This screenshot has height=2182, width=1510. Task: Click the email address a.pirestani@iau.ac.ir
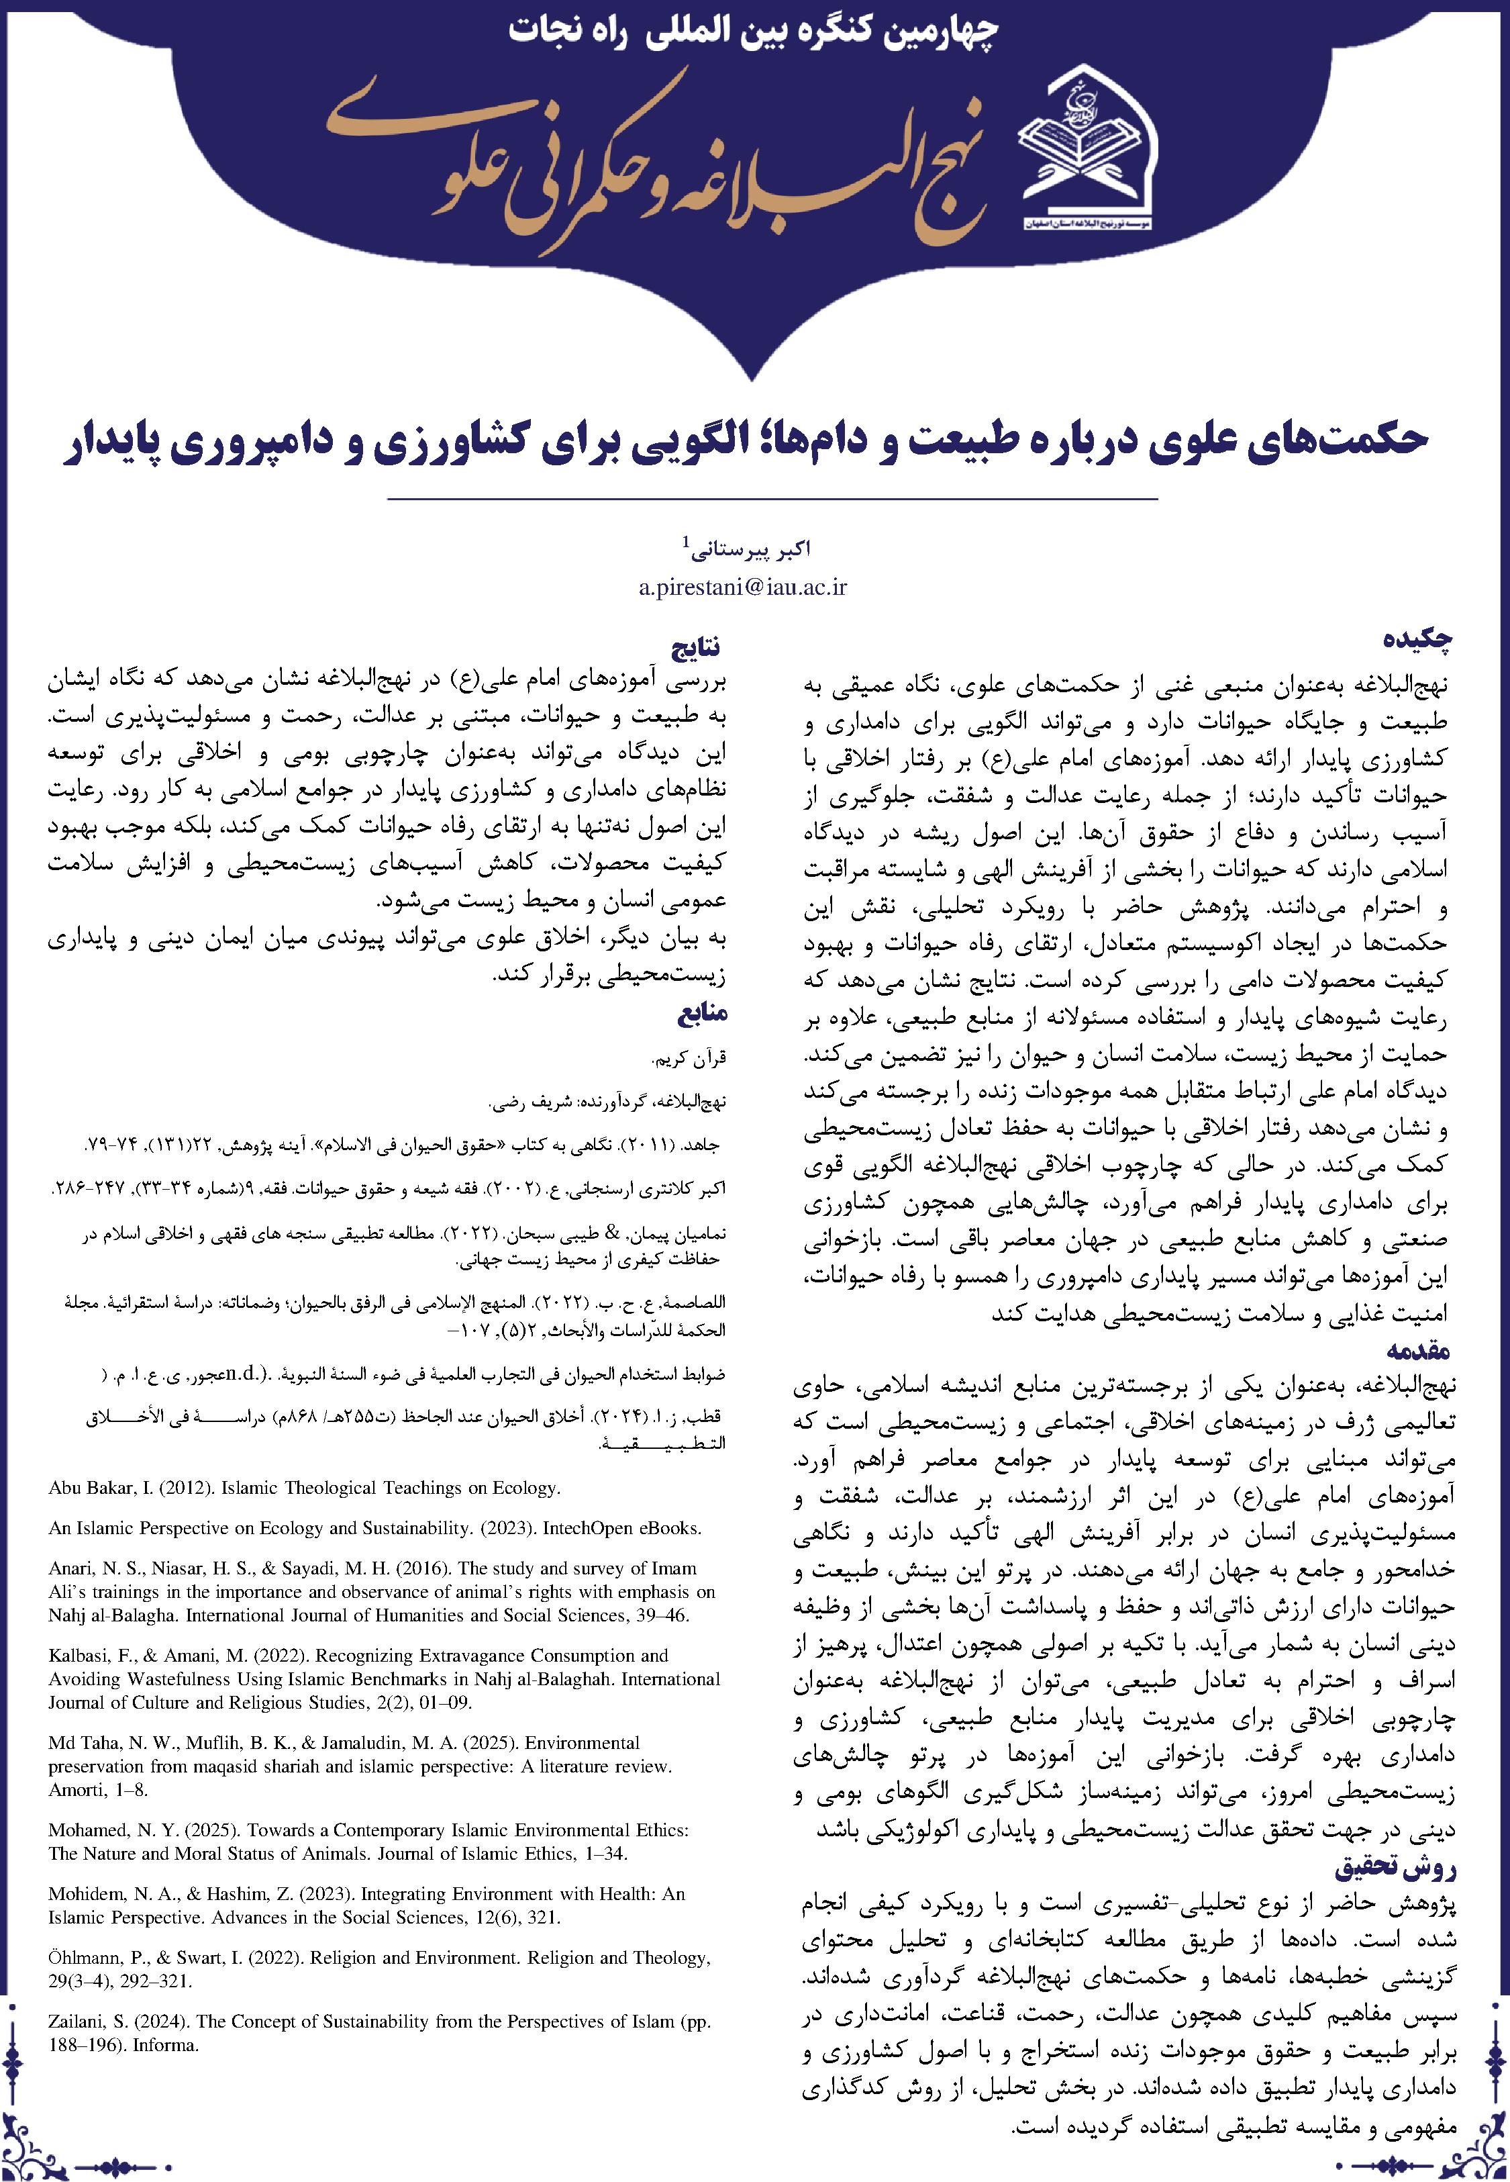[744, 587]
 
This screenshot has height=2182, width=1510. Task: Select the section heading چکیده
[1415, 640]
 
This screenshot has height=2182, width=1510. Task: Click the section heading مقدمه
[1416, 1347]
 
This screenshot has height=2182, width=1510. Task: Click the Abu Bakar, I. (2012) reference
[304, 1488]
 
